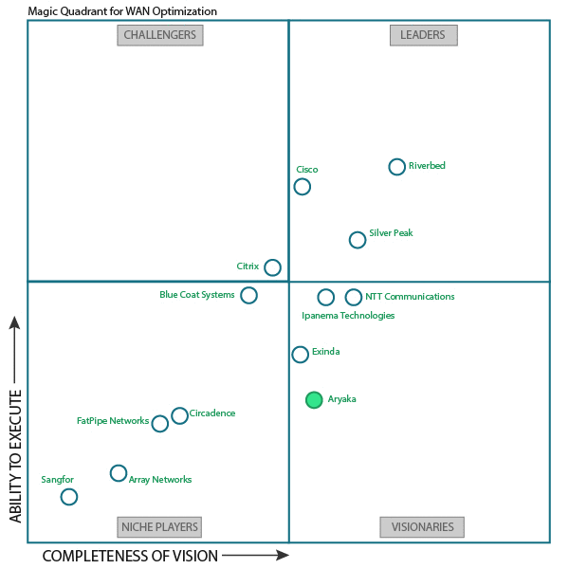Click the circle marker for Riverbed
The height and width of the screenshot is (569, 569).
(x=397, y=167)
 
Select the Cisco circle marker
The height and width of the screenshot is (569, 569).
(x=303, y=186)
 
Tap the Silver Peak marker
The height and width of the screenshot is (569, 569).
(x=358, y=240)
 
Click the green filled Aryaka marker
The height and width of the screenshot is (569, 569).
(x=314, y=400)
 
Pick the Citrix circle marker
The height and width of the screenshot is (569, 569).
(x=272, y=267)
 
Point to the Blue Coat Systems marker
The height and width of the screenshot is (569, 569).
(x=248, y=295)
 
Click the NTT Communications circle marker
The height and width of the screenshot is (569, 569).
(x=354, y=298)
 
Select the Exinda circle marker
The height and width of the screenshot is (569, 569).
(x=301, y=355)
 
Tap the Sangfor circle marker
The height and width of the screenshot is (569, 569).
(x=69, y=496)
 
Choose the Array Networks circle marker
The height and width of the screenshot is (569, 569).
(x=119, y=473)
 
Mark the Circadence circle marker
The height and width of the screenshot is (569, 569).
(x=179, y=415)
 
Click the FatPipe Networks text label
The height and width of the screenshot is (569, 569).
(x=112, y=420)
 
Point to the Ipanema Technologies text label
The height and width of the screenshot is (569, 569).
(x=348, y=316)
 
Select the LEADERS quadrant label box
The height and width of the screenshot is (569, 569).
(x=423, y=35)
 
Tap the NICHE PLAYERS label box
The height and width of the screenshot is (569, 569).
(x=160, y=527)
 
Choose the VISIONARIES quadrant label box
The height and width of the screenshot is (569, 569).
(x=422, y=527)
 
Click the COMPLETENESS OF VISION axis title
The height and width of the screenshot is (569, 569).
(x=130, y=556)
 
